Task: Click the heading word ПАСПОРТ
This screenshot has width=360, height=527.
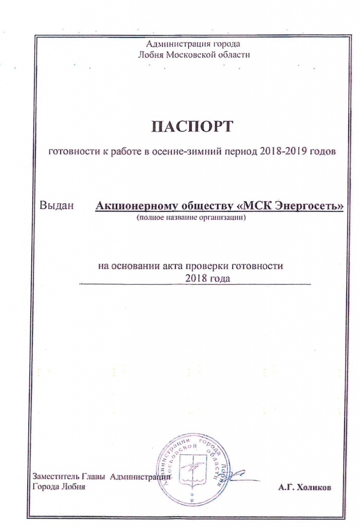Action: click(x=192, y=126)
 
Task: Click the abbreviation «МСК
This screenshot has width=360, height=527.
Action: click(x=256, y=207)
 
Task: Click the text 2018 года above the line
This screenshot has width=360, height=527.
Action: click(x=205, y=278)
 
